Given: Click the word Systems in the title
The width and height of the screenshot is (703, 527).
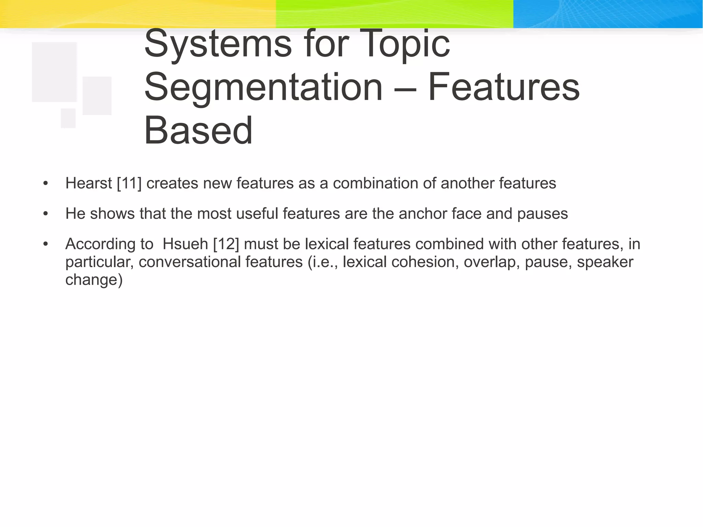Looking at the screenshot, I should (x=218, y=45).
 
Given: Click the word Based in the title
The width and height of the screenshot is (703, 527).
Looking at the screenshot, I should (x=198, y=131).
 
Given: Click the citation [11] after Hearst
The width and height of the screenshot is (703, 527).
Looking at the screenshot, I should (x=129, y=183).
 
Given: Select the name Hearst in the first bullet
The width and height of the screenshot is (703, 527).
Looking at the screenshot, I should (x=89, y=183).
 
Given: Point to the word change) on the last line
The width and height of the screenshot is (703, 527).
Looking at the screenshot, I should (x=94, y=280).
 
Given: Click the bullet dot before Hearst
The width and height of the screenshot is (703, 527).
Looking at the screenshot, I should (x=46, y=184).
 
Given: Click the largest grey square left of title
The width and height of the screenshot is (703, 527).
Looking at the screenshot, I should (x=54, y=72).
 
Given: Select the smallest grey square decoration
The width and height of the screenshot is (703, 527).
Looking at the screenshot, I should (x=68, y=118).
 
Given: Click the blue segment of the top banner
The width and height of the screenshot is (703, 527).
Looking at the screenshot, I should (x=608, y=14).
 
